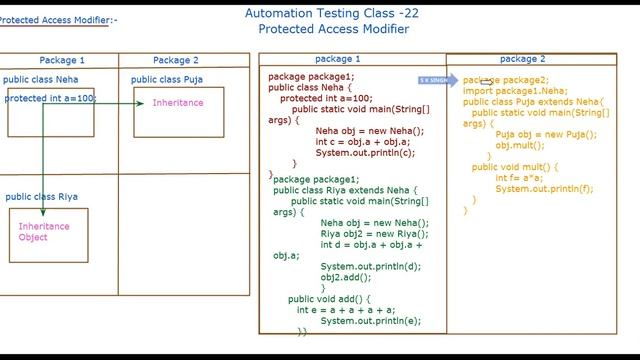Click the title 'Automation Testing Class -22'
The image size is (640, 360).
click(x=332, y=13)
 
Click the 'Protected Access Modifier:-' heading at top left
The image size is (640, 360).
click(x=58, y=20)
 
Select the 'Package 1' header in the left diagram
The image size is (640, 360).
click(x=62, y=60)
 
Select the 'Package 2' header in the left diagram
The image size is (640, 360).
click(x=176, y=60)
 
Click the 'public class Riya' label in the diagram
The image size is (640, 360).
click(x=41, y=197)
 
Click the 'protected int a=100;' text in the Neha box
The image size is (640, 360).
click(x=50, y=98)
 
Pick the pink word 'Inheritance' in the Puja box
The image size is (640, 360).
click(x=178, y=103)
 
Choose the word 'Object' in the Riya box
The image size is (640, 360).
click(x=33, y=237)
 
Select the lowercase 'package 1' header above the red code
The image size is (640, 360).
click(x=338, y=59)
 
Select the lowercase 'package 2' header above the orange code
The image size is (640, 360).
click(x=522, y=59)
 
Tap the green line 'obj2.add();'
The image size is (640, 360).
click(x=343, y=277)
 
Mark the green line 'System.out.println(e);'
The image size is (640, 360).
click(x=370, y=320)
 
